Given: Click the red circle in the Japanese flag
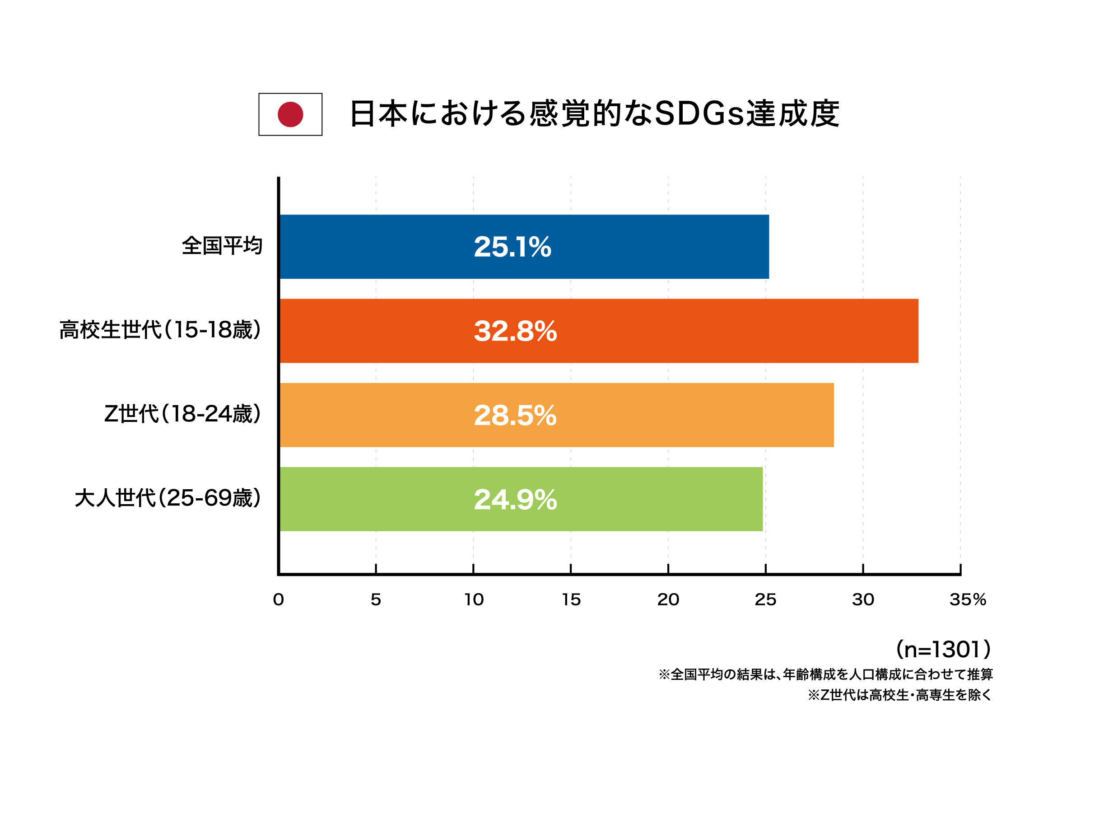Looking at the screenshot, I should pos(290,114).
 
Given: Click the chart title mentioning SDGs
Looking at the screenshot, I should pos(594,114).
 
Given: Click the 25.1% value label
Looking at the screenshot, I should pos(512,247).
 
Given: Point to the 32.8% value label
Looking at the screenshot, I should pos(515,331).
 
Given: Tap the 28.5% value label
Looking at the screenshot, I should pos(515,416).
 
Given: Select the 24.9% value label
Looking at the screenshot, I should pos(515,500).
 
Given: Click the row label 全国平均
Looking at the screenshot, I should pos(222,246).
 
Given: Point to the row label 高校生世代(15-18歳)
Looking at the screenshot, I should pos(160,329).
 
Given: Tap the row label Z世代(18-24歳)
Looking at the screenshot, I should pos(182,413).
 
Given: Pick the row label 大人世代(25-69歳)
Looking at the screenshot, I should pos(168,497).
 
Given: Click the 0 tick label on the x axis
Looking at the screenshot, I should pos(278,599).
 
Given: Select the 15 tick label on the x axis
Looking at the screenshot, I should pos(571,599).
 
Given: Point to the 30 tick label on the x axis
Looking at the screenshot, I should pos(863,599).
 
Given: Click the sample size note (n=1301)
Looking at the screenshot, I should pos(943,649).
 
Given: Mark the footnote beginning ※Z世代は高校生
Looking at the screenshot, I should pos(899,695).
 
